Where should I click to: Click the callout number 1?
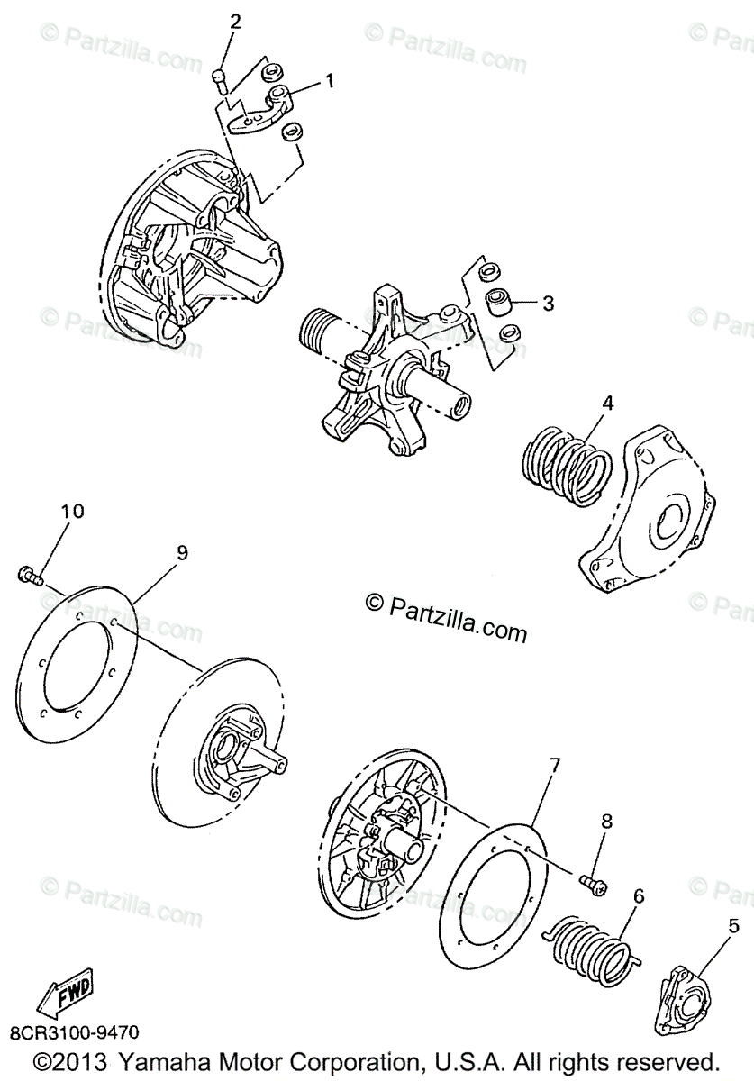pos(329,81)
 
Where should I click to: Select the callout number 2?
pos(235,23)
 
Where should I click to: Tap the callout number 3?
pos(548,304)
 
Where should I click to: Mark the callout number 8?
pos(606,821)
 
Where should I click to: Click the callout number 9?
pos(182,552)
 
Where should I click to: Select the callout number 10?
pos(72,511)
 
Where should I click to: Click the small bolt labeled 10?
pos(30,574)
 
